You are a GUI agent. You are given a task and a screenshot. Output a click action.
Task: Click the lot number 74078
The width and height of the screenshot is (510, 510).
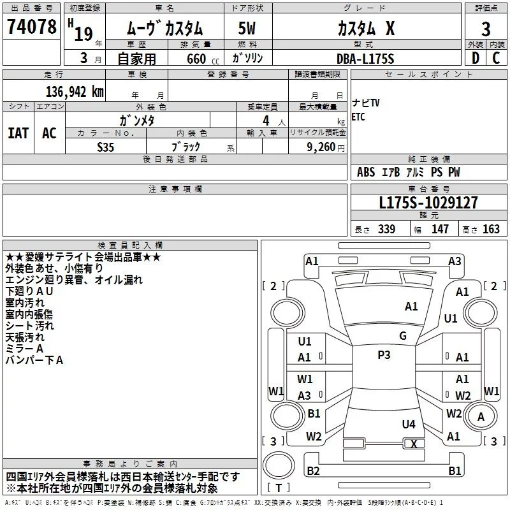click(x=31, y=26)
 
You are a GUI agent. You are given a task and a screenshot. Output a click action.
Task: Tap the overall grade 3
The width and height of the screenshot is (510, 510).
click(x=486, y=29)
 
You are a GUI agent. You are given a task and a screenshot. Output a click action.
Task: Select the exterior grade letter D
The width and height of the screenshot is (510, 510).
click(x=476, y=58)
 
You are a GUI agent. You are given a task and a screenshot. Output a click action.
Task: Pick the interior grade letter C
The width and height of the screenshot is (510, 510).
click(x=496, y=58)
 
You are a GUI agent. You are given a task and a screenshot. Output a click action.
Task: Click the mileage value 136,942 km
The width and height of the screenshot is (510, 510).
click(x=75, y=92)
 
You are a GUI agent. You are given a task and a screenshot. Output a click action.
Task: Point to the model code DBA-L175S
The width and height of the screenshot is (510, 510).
click(x=365, y=59)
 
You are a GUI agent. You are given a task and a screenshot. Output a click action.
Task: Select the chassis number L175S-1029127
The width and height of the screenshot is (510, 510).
click(x=428, y=203)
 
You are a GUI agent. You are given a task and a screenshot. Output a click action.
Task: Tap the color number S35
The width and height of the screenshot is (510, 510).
click(x=105, y=147)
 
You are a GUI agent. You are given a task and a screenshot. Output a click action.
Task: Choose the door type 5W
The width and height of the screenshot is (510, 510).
click(x=247, y=28)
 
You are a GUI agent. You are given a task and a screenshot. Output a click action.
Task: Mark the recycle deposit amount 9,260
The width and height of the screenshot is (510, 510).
click(x=321, y=147)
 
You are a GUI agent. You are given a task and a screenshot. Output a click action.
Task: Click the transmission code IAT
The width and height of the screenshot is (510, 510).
click(x=18, y=133)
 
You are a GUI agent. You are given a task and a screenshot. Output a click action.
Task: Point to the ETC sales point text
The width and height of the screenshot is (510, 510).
click(x=358, y=117)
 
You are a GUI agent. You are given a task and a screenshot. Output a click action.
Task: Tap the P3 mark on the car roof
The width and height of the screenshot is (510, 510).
click(x=384, y=355)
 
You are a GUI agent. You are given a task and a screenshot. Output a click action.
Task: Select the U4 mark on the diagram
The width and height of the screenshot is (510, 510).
click(x=409, y=424)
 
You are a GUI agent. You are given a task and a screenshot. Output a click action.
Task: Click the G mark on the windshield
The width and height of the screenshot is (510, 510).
click(x=403, y=336)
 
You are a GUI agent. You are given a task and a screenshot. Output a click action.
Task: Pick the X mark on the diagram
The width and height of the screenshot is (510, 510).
click(x=414, y=444)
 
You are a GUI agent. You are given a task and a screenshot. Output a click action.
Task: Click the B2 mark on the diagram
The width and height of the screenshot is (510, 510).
click(x=313, y=470)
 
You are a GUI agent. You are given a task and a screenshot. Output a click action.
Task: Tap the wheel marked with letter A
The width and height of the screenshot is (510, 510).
click(x=481, y=416)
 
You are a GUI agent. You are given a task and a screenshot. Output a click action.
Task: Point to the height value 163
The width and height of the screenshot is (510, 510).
click(x=491, y=229)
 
